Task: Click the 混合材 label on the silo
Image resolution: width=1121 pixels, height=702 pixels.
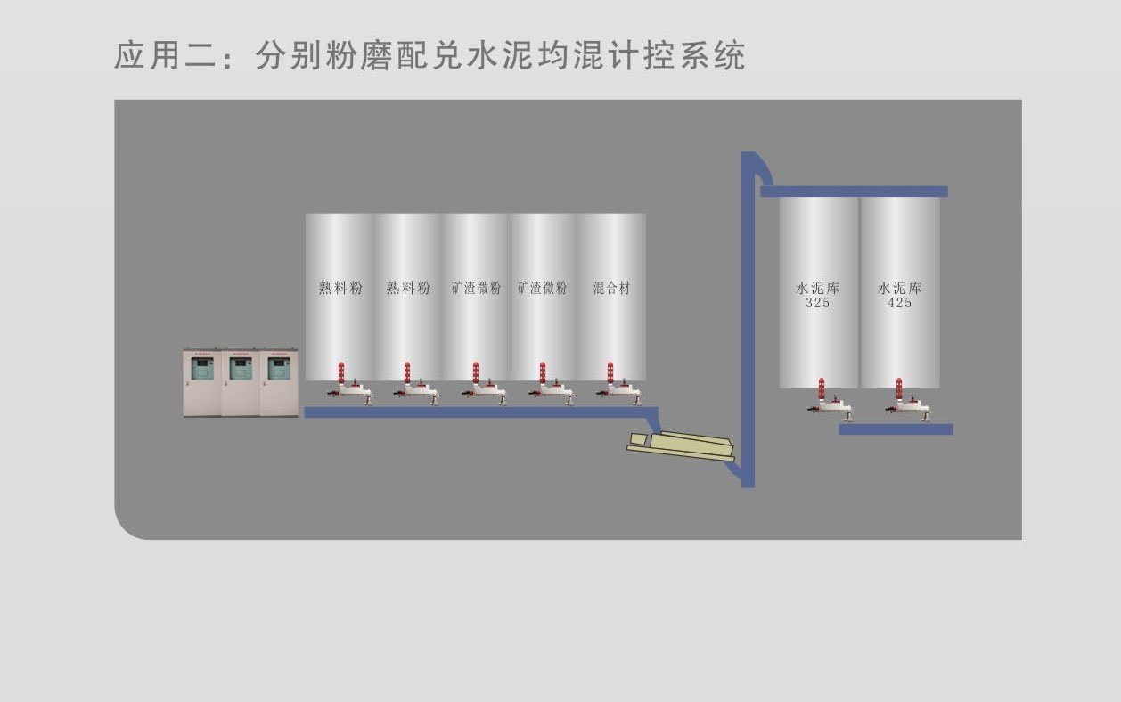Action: coord(611,288)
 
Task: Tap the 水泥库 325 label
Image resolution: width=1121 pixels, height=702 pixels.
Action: coord(817,295)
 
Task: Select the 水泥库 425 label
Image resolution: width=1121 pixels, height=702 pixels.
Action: coord(899,295)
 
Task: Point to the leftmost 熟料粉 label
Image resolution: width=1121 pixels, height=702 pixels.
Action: coord(340,288)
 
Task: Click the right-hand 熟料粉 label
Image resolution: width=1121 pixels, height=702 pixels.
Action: coord(408,288)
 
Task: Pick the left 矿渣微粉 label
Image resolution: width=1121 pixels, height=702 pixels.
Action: coord(476,288)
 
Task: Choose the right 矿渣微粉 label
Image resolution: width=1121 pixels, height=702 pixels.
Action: coord(543,288)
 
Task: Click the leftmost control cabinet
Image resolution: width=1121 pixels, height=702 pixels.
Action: coord(202,382)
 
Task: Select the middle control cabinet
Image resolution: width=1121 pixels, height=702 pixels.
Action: coord(241,382)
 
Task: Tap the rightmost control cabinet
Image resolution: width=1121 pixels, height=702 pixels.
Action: coord(279,382)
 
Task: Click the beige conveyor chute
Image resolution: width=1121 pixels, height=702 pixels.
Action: coord(681,445)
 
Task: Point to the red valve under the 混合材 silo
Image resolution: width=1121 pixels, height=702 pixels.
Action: coord(610,373)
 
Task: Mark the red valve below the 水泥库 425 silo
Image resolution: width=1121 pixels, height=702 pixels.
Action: coord(899,389)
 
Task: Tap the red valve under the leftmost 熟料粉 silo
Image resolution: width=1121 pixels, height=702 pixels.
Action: coord(340,373)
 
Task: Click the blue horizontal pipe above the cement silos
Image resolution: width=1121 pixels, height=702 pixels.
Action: coord(854,191)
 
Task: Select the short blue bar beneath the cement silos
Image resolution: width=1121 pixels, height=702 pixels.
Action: coord(896,429)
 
